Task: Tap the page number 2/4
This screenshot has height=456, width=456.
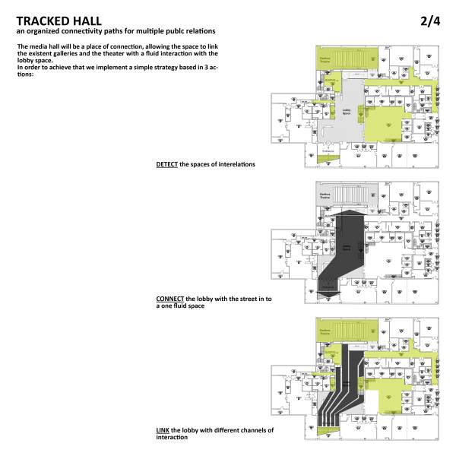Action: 429,21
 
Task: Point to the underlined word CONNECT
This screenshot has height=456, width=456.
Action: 169,299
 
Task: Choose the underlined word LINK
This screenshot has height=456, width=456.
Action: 163,430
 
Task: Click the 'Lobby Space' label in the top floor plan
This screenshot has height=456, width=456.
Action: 346,112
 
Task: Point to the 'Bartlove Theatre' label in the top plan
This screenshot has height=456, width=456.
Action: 325,57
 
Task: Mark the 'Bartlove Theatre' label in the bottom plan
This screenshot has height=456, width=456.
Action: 325,331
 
